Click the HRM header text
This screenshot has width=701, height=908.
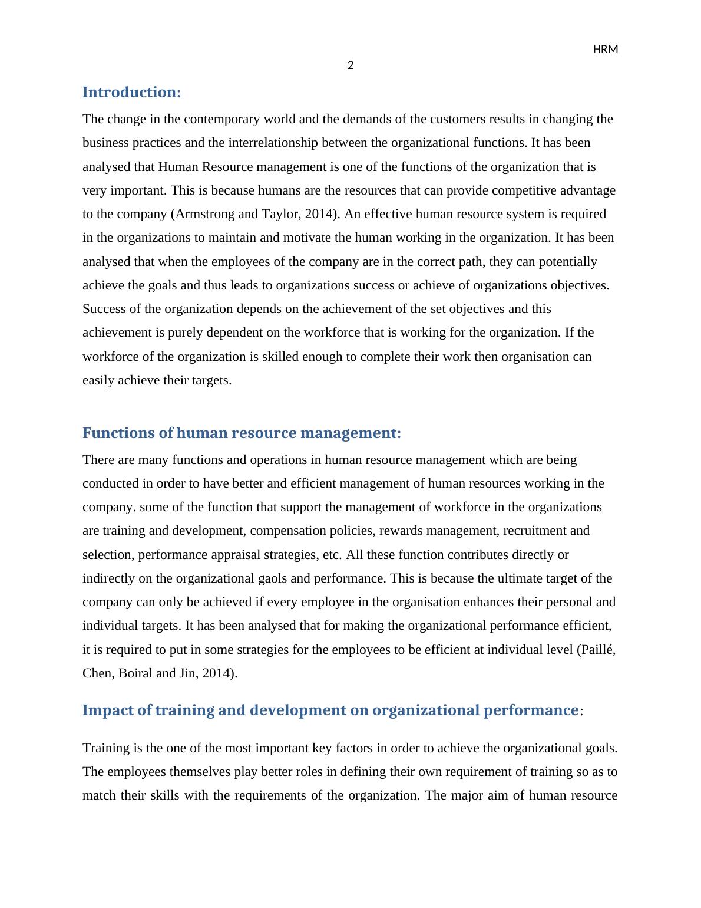click(605, 50)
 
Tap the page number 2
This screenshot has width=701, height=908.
click(350, 65)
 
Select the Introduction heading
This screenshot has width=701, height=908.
click(131, 93)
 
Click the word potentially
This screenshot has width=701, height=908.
click(569, 262)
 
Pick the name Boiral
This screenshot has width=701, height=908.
click(135, 673)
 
